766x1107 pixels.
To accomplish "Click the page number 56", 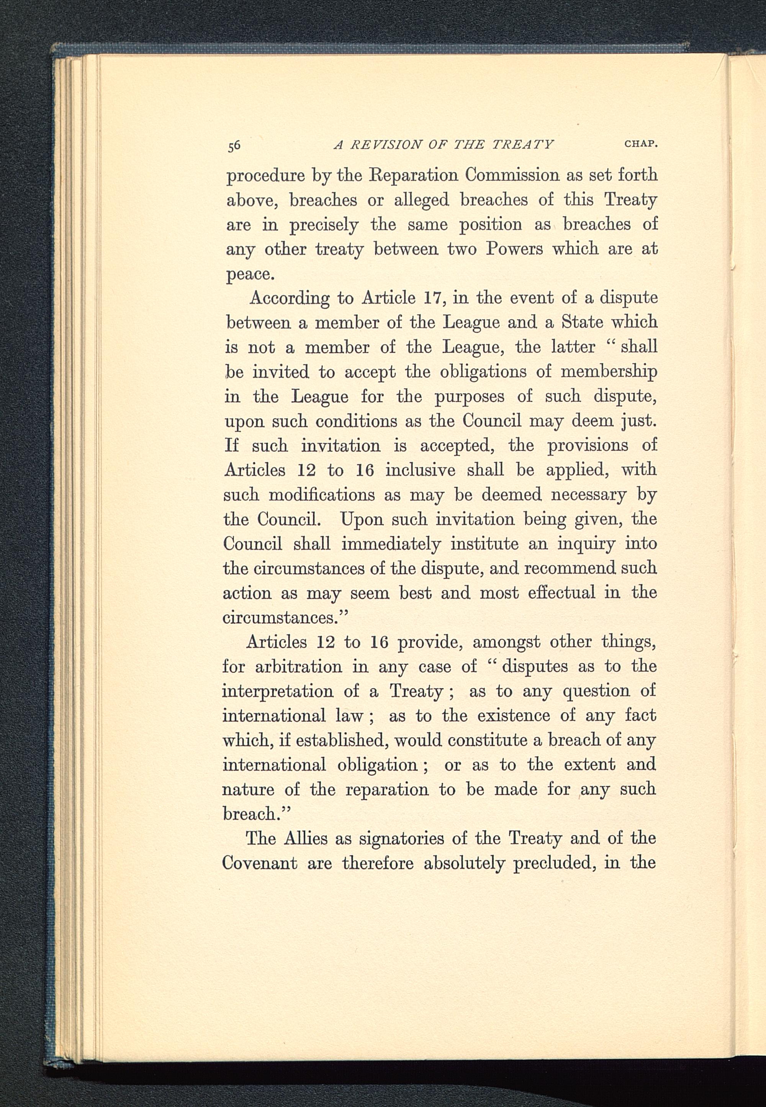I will [x=234, y=146].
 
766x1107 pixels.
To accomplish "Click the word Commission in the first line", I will [x=512, y=175].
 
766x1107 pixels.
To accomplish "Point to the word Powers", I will [x=514, y=249].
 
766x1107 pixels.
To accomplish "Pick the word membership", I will [x=609, y=372].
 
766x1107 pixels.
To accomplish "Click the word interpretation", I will [x=277, y=692].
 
